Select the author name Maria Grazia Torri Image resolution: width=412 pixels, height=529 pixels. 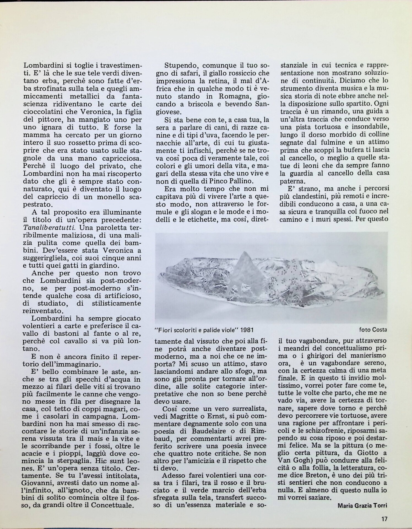pyautogui.click(x=362, y=505)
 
